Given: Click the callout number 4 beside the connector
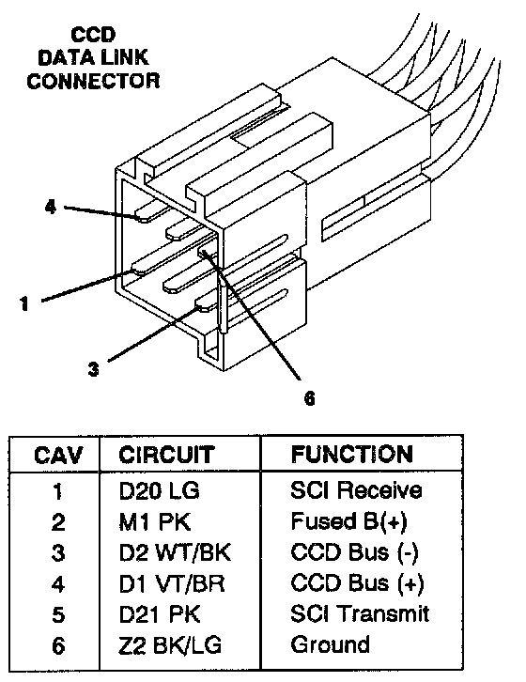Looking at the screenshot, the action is pos(51,207).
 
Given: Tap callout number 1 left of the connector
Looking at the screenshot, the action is pos(24,303).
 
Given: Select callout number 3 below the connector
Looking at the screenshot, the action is pos(94,369).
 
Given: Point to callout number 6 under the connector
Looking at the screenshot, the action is pos(309,398).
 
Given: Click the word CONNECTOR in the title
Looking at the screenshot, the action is pos(93,81).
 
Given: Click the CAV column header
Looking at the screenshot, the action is pos(58,455).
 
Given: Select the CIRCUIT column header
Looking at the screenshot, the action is pos(166,455).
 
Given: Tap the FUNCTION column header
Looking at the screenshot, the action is pos(352,455).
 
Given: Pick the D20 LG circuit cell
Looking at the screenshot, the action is pos(160,490).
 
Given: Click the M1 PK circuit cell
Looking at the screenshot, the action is pos(155,521).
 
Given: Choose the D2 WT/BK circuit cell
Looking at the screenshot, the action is pos(175,552).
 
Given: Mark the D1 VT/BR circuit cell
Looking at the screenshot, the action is pos(172,583).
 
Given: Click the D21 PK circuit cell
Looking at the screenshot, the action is pos(160,614).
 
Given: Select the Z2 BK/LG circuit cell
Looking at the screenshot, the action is pos(170,645).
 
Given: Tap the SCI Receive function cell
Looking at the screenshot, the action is pos(356,490).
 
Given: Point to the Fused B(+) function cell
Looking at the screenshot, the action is pos(348,521).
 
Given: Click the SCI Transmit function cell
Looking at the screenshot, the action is pos(360,613).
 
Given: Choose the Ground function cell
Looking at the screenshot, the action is pos(331,644).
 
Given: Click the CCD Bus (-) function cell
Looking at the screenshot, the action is pos(355,552).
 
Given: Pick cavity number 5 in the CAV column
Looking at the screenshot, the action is pos(58,615).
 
